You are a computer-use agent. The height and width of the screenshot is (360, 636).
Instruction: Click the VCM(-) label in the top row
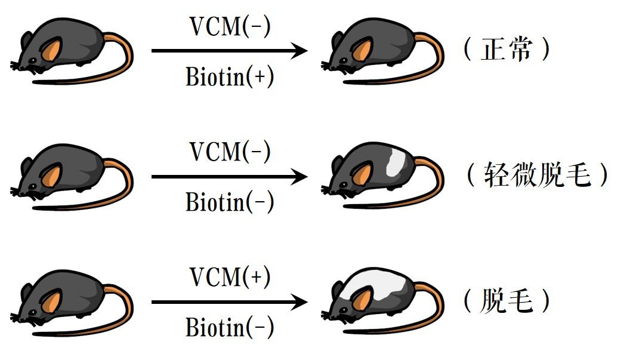click(x=230, y=26)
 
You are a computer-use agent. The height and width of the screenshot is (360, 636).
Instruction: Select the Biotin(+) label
click(x=230, y=77)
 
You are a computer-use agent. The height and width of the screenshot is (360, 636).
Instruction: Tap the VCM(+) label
click(x=230, y=277)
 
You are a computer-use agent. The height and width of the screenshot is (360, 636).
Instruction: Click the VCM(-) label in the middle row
click(x=230, y=152)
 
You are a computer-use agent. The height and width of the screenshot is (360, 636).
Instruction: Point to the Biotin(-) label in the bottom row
click(x=230, y=327)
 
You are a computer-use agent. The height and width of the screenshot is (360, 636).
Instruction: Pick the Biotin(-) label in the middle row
click(x=230, y=202)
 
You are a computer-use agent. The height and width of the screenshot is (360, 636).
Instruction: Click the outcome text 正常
click(x=506, y=50)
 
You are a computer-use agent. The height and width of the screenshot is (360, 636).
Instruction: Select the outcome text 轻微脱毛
click(x=537, y=176)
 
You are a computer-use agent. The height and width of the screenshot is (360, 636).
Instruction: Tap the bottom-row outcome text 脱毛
click(x=506, y=301)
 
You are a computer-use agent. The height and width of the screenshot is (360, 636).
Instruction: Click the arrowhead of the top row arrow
click(x=299, y=51)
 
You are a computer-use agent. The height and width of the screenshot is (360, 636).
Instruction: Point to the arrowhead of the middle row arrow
click(x=299, y=177)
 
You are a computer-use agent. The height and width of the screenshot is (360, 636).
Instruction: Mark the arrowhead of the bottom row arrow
click(x=299, y=302)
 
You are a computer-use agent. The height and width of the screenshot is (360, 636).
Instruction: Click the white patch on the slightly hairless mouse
click(x=395, y=162)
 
